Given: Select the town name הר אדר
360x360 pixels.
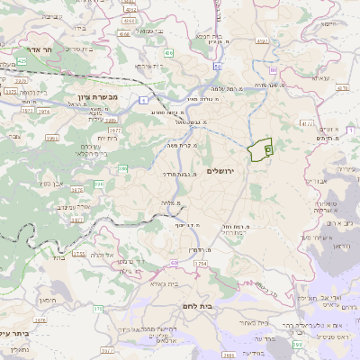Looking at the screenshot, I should pyautogui.click(x=41, y=52).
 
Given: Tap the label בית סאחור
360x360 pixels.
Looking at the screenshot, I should pyautogui.click(x=255, y=322).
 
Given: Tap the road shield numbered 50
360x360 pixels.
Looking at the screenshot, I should pyautogui.click(x=217, y=67).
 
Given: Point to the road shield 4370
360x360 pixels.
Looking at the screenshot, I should pyautogui.click(x=342, y=88).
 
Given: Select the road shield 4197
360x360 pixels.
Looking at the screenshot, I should pyautogui.click(x=263, y=40).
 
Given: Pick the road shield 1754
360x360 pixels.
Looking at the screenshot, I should pyautogui.click(x=199, y=263).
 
